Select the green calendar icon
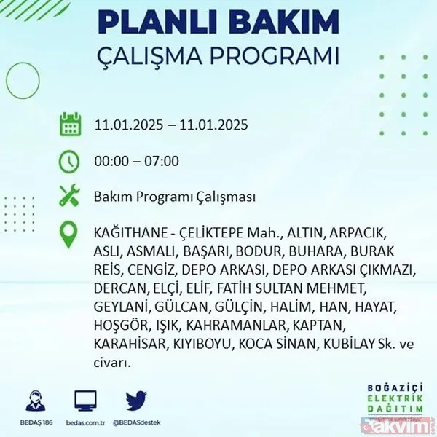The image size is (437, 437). pos(71,125)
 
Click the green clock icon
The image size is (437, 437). pos(71,161)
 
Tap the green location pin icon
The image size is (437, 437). pos(71,234)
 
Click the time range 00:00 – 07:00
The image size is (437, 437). pos(136,161)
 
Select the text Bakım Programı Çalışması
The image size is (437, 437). pos(175,197)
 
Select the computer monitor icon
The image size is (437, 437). pos(86,401)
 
